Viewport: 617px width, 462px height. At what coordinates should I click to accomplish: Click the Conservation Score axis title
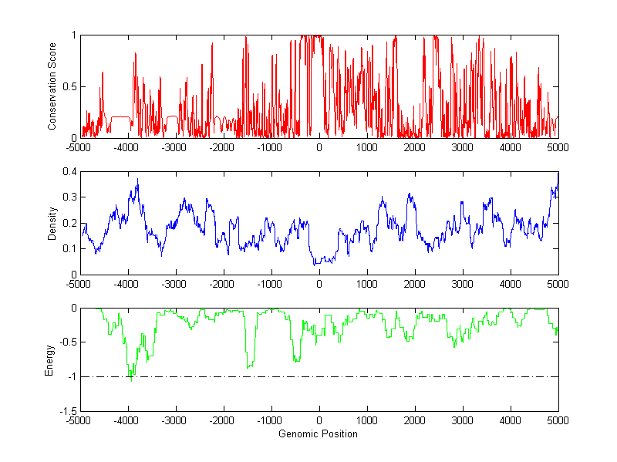(x=52, y=86)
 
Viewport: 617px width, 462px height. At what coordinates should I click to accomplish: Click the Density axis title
(x=52, y=224)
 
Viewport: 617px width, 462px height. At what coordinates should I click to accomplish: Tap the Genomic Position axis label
(x=318, y=433)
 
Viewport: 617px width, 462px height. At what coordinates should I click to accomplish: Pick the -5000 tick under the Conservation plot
(x=79, y=147)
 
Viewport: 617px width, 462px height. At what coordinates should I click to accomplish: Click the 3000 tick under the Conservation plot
(x=461, y=147)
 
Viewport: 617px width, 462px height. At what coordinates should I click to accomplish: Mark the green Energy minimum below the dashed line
(x=131, y=380)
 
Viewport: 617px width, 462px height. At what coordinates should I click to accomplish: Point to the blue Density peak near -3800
(x=137, y=180)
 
